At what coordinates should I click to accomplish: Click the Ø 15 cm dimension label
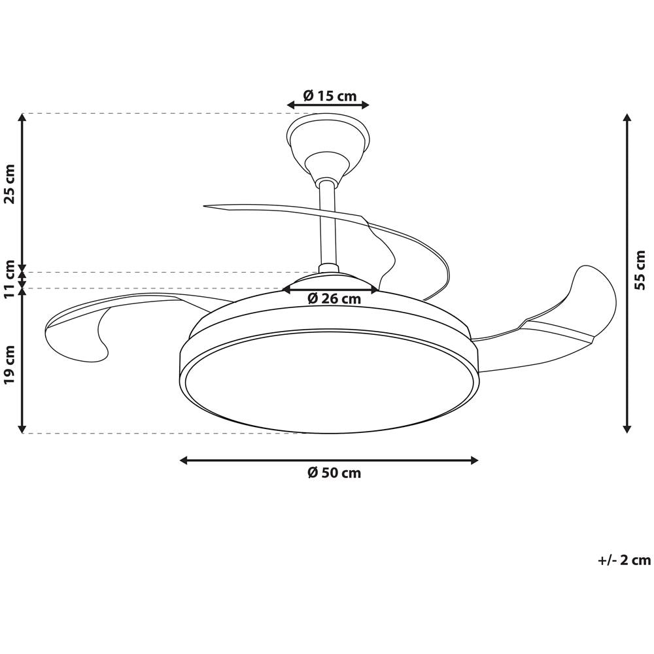(330, 96)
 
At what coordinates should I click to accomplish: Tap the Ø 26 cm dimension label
(334, 299)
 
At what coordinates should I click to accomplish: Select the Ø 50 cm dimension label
(334, 473)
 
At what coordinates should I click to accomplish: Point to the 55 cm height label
(639, 269)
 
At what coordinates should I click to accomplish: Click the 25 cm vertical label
(10, 184)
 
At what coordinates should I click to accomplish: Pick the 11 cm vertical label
(10, 278)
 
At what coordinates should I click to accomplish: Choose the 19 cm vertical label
(10, 364)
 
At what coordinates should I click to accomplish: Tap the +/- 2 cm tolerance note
(624, 560)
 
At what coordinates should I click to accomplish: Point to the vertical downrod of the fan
(328, 225)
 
